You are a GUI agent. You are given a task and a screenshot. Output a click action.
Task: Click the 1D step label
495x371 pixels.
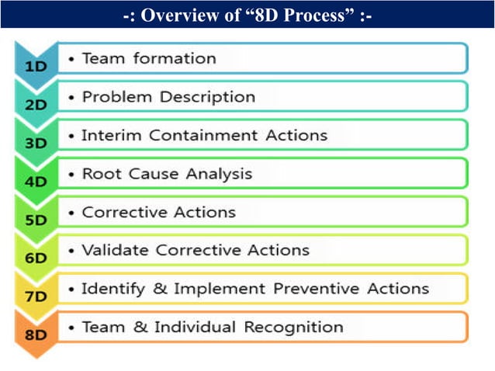click(x=36, y=67)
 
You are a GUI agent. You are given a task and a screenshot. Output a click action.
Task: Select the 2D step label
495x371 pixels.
click(x=36, y=105)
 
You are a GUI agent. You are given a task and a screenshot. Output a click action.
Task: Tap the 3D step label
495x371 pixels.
click(x=36, y=143)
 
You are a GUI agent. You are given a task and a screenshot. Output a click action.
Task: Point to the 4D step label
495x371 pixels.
click(x=36, y=182)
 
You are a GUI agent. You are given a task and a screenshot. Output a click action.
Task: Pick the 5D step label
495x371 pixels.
click(x=36, y=220)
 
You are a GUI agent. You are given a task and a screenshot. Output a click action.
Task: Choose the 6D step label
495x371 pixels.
click(x=36, y=258)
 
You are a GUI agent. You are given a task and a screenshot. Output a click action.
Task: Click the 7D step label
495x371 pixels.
click(x=36, y=297)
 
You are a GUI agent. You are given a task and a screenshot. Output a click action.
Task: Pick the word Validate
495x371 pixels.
click(x=116, y=250)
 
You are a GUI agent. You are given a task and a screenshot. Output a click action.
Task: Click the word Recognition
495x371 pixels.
click(x=293, y=328)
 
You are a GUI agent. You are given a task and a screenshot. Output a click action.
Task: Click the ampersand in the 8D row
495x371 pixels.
click(x=140, y=328)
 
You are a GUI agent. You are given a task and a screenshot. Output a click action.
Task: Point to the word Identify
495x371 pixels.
click(x=113, y=289)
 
